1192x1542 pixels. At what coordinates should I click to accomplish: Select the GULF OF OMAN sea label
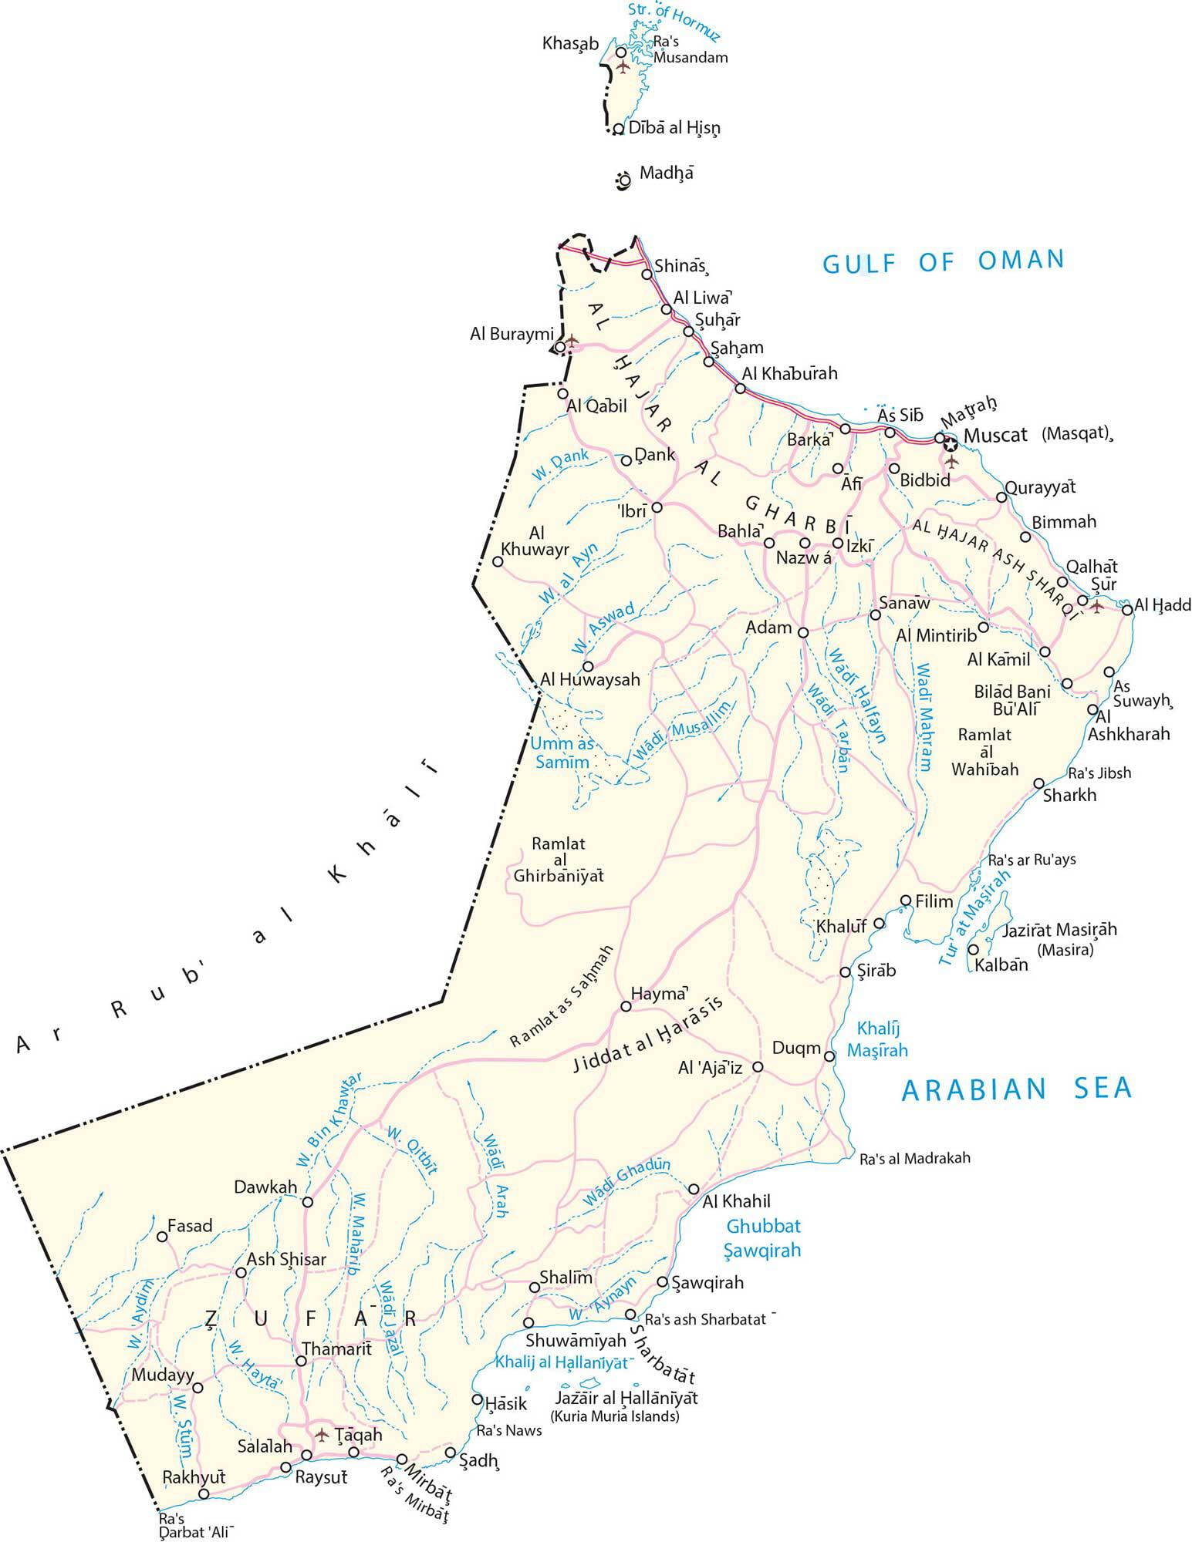[943, 261]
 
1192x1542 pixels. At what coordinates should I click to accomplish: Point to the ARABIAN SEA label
[1016, 1088]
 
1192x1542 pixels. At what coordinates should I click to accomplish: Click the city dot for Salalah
[307, 1455]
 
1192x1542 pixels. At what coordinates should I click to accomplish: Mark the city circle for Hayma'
[626, 1006]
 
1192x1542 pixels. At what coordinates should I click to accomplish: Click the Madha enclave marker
[623, 180]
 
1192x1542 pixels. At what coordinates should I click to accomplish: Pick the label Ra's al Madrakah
[914, 1158]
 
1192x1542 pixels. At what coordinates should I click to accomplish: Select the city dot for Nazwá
[805, 544]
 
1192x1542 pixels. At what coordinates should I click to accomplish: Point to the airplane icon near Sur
[1097, 607]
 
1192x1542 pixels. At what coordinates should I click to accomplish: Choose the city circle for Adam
[802, 632]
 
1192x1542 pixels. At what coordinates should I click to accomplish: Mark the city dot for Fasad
[162, 1237]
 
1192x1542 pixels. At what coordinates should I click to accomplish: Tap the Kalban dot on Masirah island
[974, 949]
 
